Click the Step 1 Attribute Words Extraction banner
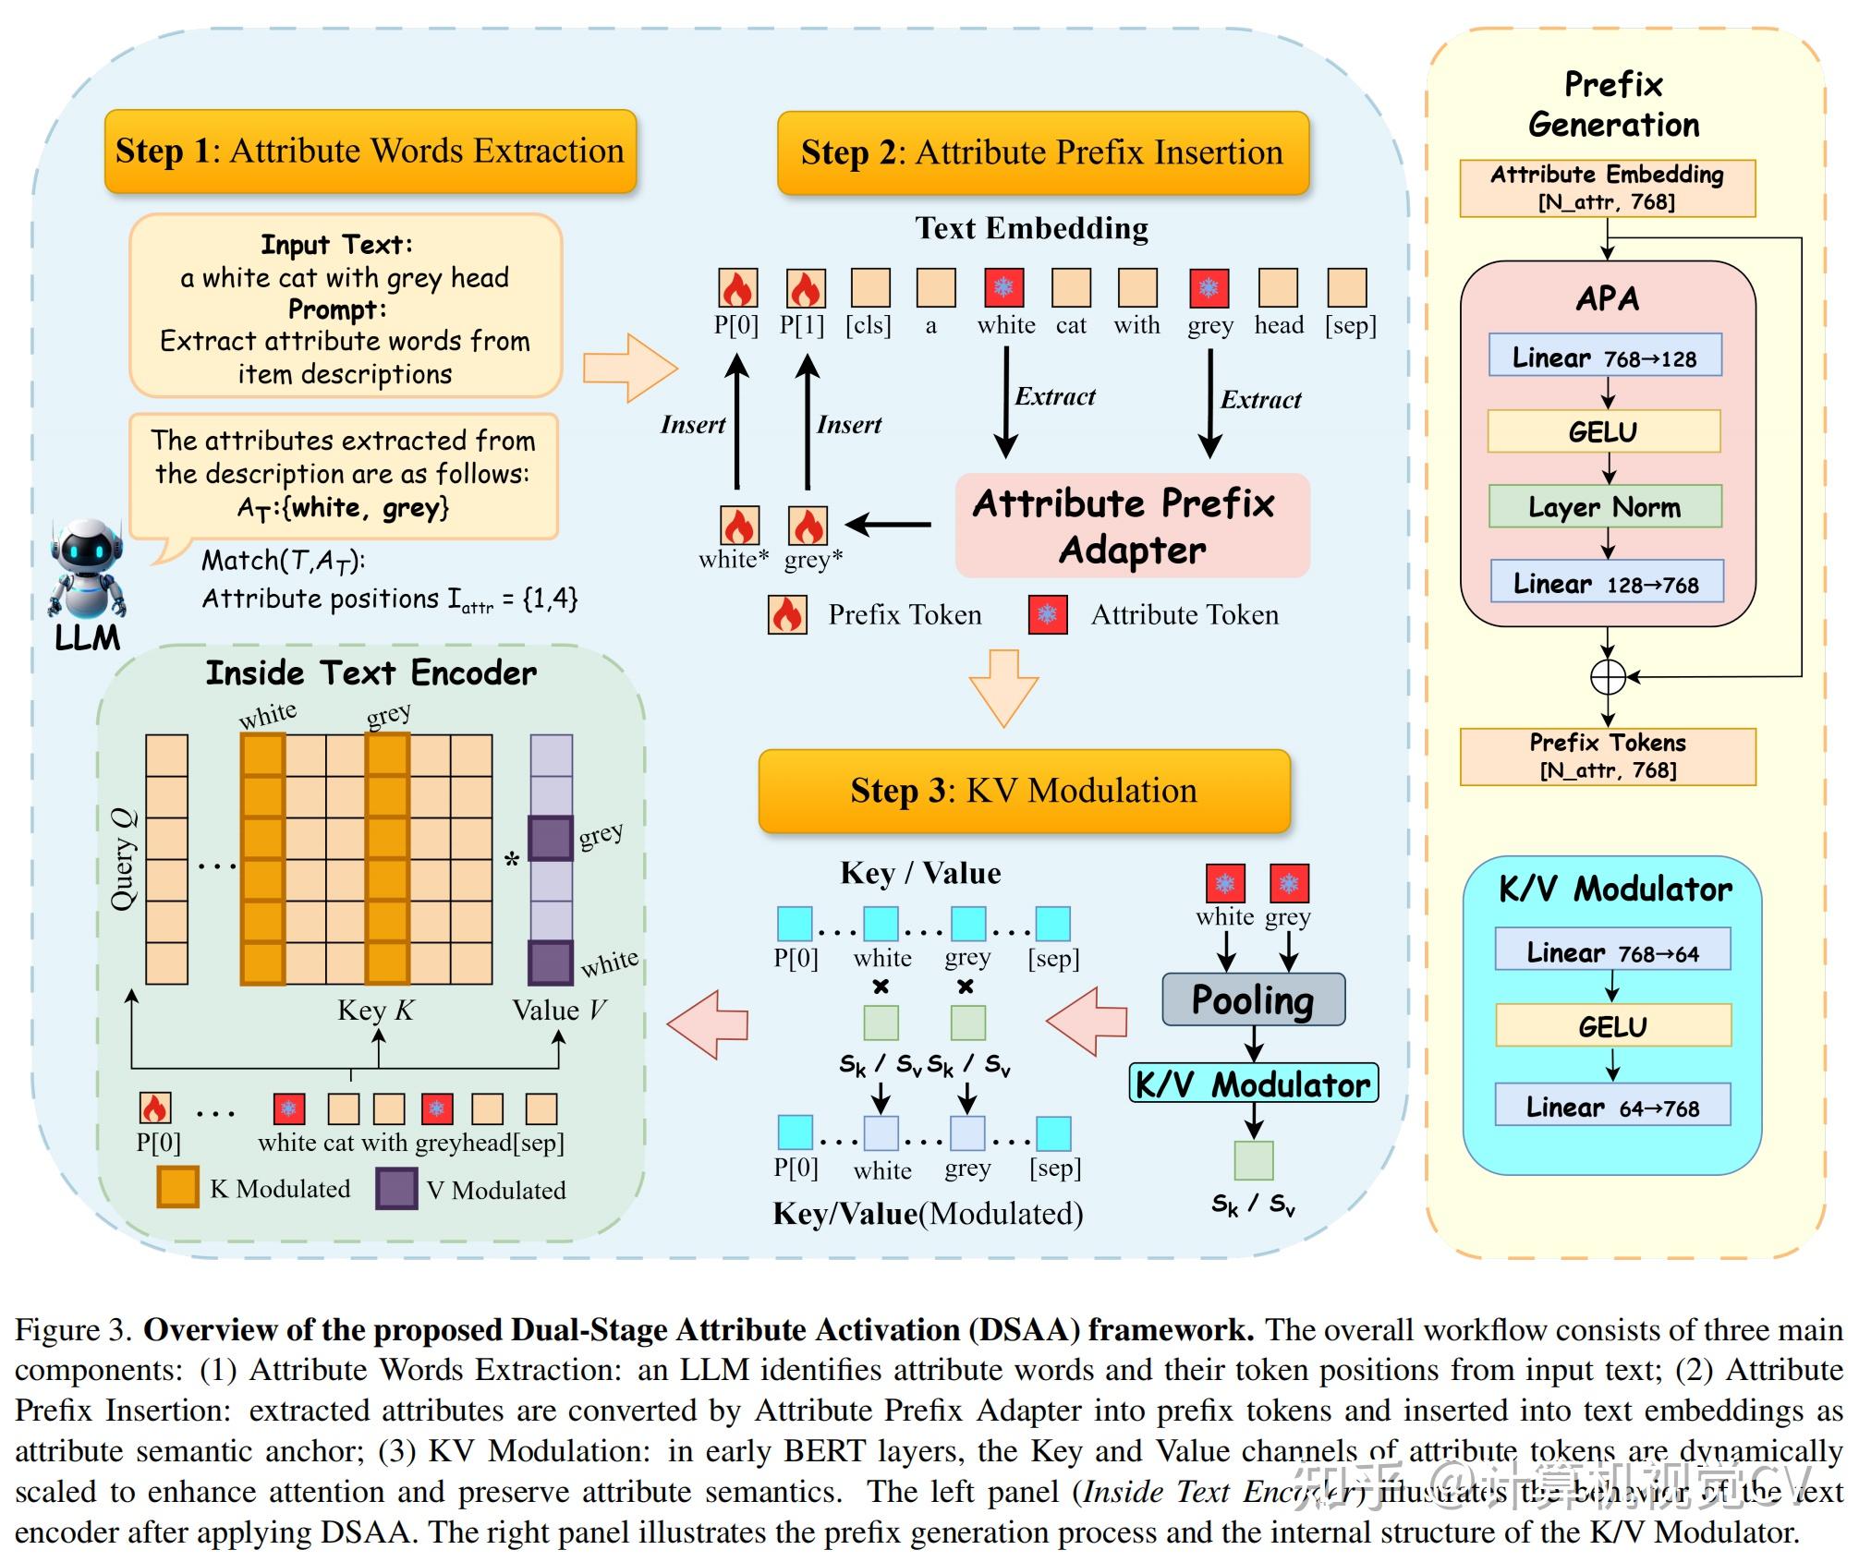371,151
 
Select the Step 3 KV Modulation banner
1024,791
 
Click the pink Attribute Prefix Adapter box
1132,526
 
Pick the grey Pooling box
1253,999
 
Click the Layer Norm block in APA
1605,506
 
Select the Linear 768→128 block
1605,356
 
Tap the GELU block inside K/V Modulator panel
1612,1025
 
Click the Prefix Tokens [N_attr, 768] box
1608,757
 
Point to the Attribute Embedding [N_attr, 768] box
1607,188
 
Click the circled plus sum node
1608,677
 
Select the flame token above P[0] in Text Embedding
738,288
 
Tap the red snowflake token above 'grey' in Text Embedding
1209,288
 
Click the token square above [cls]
870,288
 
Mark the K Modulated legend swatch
177,1187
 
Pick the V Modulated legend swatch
396,1189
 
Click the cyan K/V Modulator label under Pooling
1253,1084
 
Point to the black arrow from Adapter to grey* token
888,525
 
